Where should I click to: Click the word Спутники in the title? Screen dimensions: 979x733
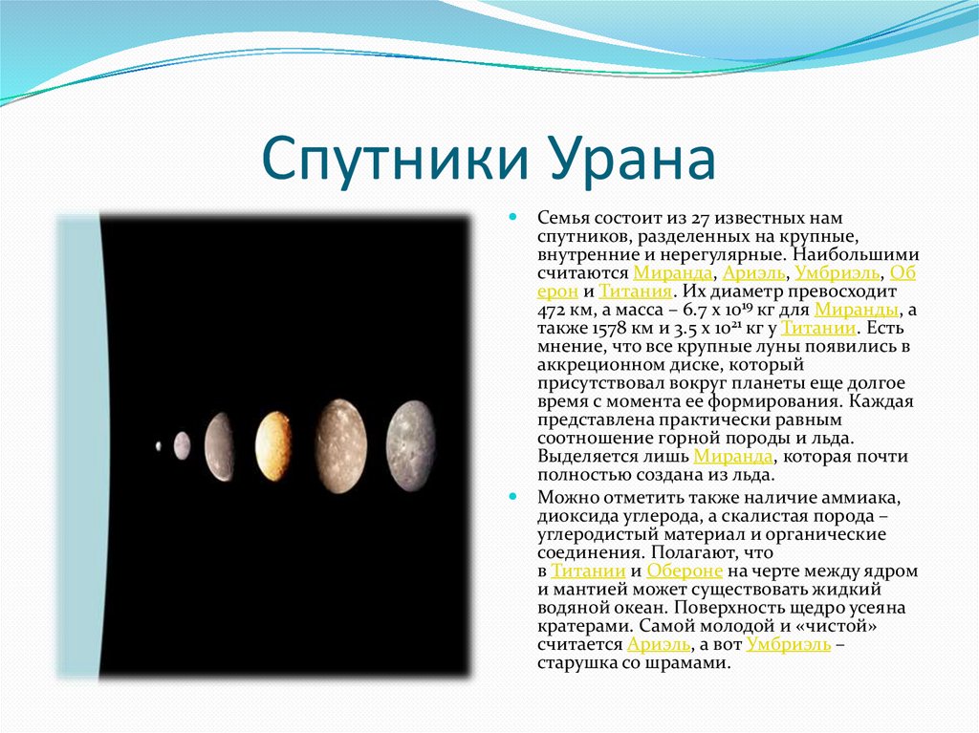click(x=395, y=158)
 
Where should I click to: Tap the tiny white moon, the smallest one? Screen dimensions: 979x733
click(x=158, y=446)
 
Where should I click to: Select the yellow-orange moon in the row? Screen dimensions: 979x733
click(x=273, y=446)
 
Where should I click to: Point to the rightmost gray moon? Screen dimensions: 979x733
click(x=410, y=445)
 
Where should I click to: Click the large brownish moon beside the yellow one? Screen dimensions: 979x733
click(x=341, y=445)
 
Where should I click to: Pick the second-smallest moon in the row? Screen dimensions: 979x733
click(x=182, y=445)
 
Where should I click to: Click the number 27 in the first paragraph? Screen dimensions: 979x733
click(x=700, y=219)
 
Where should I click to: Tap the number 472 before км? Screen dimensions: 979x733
click(x=552, y=311)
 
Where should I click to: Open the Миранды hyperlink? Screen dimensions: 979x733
click(x=857, y=311)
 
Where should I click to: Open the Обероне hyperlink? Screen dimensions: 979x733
click(x=685, y=571)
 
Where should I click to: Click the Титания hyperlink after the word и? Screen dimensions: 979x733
click(x=635, y=291)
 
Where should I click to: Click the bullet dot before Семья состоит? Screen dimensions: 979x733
click(x=513, y=217)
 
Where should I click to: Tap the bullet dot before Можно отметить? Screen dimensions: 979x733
click(x=513, y=497)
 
